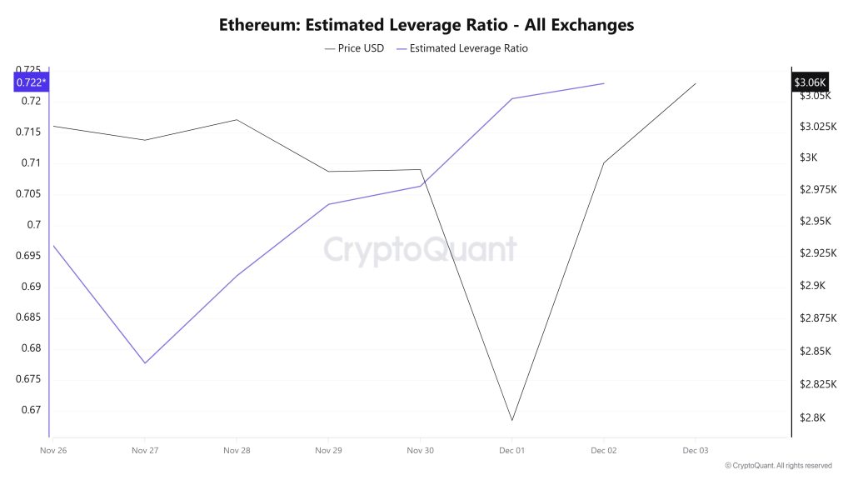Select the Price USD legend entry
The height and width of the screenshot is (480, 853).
[x=354, y=48]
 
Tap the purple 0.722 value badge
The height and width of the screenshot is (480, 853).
[x=32, y=82]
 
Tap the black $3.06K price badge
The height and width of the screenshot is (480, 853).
[x=809, y=82]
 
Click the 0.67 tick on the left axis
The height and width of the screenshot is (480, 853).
[x=30, y=410]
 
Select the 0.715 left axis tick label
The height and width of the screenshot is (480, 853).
[x=30, y=132]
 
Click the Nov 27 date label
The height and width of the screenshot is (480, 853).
[x=145, y=450]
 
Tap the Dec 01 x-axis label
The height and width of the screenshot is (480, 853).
[x=511, y=450]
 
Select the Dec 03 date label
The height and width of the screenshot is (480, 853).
[x=695, y=450]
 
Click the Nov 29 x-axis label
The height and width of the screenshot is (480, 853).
[x=328, y=450]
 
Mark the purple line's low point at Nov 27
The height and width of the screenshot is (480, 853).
[x=145, y=363]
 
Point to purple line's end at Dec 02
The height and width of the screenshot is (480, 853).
[x=604, y=83]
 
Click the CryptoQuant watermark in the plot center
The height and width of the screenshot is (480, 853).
[x=419, y=250]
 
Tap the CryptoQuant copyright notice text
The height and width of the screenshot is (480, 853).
[x=778, y=466]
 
